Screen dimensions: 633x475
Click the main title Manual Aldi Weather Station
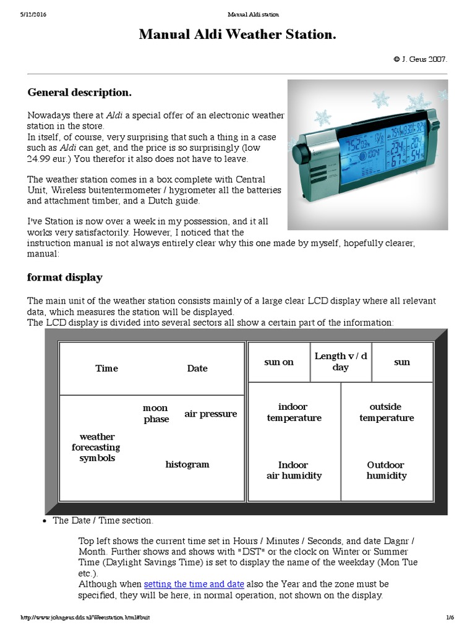[x=237, y=35]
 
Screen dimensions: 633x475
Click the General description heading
[x=79, y=92]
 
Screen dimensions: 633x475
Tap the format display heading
[x=64, y=277]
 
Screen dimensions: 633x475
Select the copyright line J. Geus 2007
[x=420, y=59]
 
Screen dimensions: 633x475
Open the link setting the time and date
[x=194, y=584]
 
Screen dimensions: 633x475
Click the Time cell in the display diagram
[x=106, y=368]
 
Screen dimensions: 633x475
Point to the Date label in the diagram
[x=197, y=368]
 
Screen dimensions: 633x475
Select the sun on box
[x=279, y=362]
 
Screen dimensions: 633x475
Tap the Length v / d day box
[x=341, y=362]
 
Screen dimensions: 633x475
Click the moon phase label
[x=156, y=414]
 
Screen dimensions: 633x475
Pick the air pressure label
[x=210, y=414]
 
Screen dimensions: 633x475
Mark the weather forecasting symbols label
[x=97, y=448]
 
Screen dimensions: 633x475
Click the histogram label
[x=187, y=464]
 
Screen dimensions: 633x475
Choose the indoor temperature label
[x=294, y=412]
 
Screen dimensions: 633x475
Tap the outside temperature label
[x=386, y=412]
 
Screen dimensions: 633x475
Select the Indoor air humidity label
[x=294, y=470]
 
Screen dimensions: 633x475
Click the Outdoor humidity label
[x=386, y=470]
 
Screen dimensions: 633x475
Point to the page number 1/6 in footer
[x=450, y=618]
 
